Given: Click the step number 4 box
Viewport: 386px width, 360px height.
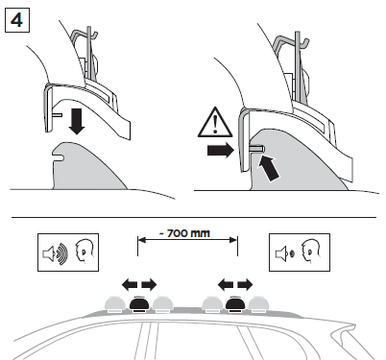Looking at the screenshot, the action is (17, 20).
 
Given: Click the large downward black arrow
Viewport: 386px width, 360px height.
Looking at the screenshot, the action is (77, 121).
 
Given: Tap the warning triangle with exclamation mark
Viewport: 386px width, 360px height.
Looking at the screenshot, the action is (215, 123).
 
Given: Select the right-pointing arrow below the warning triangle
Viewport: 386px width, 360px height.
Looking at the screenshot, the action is (221, 151).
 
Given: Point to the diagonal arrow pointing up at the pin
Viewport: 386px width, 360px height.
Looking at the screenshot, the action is (269, 169).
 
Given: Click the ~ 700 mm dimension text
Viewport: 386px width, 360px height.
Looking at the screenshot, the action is (184, 233).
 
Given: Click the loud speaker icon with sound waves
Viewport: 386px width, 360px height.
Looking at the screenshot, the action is (56, 252).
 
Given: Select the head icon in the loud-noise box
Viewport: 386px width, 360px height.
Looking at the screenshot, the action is (84, 252).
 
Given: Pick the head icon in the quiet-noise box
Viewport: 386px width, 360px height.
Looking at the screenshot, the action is (311, 252).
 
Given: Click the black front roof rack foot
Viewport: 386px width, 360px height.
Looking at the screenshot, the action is (138, 304).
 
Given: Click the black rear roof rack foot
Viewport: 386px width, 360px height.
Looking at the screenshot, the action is (235, 304).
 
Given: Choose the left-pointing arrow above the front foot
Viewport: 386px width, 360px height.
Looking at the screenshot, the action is (130, 284).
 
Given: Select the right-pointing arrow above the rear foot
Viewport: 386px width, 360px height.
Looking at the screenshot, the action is (245, 284).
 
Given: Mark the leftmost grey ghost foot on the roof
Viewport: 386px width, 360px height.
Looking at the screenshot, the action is (116, 304).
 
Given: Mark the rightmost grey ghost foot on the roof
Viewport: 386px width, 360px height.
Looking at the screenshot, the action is (259, 304).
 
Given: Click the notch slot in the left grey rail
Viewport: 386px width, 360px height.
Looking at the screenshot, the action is (58, 156).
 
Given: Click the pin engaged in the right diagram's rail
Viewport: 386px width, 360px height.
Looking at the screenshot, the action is (256, 148).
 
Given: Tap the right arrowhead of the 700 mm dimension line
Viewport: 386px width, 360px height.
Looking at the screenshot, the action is (233, 240).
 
